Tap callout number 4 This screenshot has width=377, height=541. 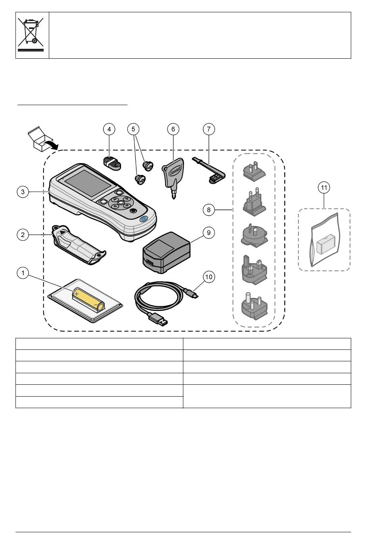tap(109, 129)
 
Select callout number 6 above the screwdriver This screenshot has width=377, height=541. tap(173, 129)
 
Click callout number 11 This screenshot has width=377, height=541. tap(324, 188)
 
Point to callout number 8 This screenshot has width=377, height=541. tap(209, 210)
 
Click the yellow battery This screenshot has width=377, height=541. tap(88, 300)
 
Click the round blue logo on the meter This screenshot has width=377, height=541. tap(144, 219)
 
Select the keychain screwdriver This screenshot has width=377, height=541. tap(173, 178)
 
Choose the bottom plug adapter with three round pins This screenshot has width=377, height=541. tap(254, 306)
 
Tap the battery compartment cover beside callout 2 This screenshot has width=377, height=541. tap(79, 245)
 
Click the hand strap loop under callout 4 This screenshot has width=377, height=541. tap(112, 163)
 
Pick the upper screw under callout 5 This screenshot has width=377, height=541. tap(148, 166)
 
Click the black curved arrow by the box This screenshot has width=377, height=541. tap(51, 144)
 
